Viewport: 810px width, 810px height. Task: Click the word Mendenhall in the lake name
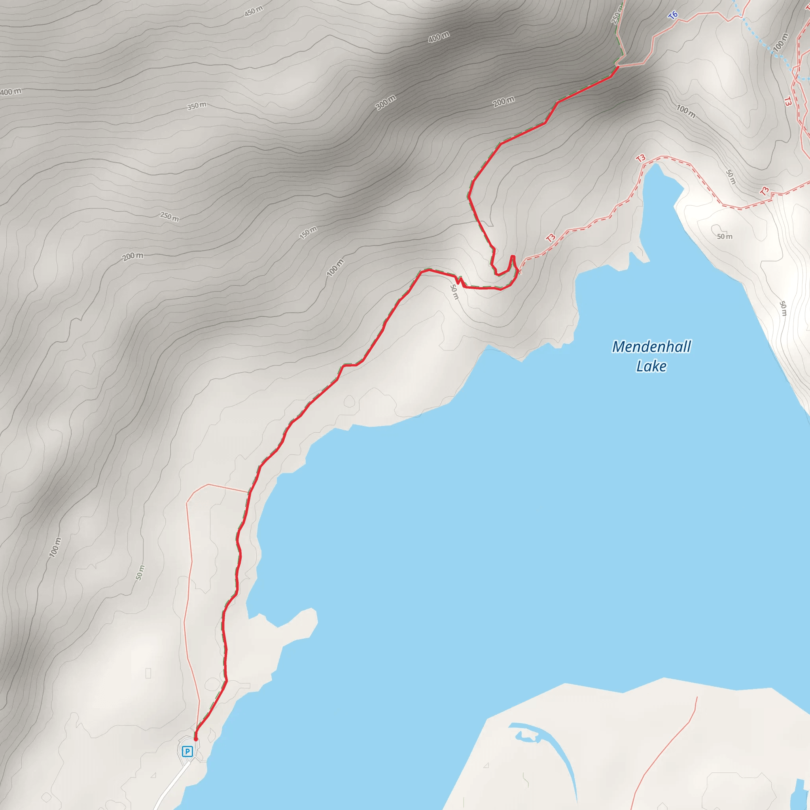[x=651, y=347]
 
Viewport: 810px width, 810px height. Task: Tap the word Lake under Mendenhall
[x=651, y=366]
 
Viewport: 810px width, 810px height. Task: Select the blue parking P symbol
[x=187, y=751]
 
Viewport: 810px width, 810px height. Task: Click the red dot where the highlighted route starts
[x=195, y=739]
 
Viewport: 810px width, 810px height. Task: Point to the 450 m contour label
[x=254, y=11]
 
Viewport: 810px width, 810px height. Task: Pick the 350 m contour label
[x=197, y=106]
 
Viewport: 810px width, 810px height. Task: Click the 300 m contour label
[x=385, y=103]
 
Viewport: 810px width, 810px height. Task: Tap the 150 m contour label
[x=308, y=232]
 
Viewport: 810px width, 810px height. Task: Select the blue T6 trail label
[x=673, y=15]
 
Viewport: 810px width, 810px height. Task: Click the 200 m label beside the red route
[x=503, y=102]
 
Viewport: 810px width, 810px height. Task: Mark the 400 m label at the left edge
[x=11, y=92]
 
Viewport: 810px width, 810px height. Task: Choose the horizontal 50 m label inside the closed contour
[x=725, y=237]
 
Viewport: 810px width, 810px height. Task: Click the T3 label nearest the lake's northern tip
[x=641, y=158]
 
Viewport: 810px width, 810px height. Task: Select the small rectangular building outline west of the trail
[x=148, y=673]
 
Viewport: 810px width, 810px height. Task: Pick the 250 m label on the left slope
[x=169, y=217]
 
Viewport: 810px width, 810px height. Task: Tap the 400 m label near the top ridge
[x=439, y=37]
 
